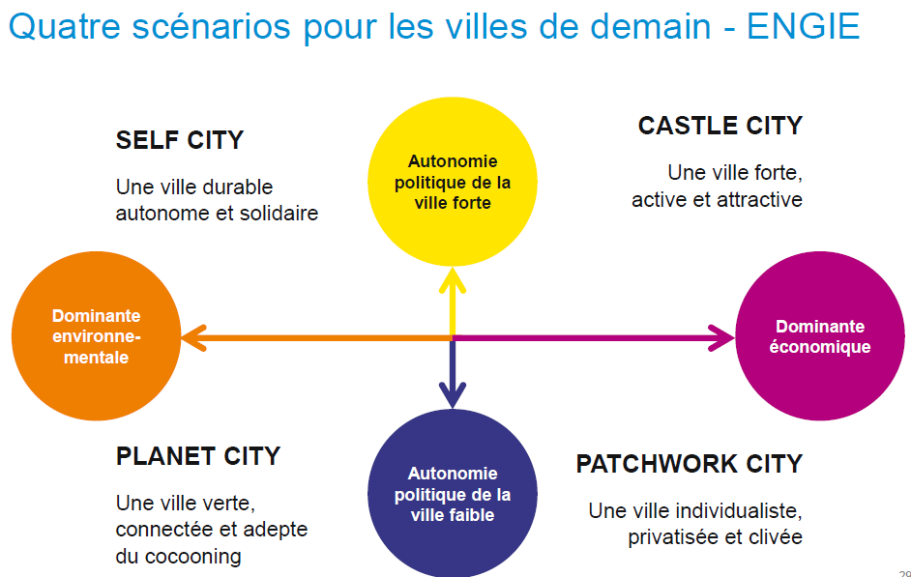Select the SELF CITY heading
pos(180,140)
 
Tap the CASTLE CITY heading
pos(720,126)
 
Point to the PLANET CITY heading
pos(198,455)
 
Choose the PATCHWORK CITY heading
pos(689,464)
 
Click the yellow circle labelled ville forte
pos(453,183)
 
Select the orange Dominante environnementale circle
pos(96,337)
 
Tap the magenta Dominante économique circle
pos(820,337)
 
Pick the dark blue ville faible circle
pos(453,493)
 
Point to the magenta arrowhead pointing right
pos(721,337)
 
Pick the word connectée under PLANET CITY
pos(161,530)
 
